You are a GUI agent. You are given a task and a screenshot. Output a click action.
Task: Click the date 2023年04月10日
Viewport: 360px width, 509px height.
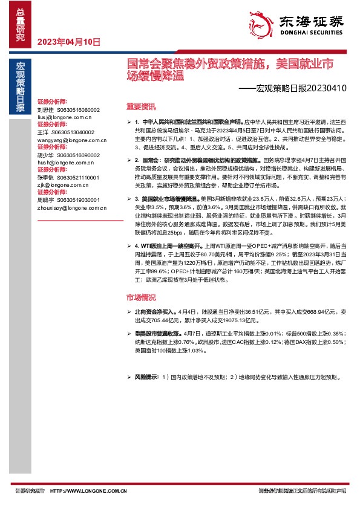pos(68,42)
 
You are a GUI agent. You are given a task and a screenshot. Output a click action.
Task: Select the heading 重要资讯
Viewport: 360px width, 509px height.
pos(140,106)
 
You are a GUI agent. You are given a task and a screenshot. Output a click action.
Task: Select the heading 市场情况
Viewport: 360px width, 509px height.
pos(140,297)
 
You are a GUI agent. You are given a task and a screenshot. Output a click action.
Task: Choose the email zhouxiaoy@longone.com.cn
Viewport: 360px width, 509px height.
pos(71,207)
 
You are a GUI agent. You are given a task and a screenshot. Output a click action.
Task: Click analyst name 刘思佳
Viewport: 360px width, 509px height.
pos(45,110)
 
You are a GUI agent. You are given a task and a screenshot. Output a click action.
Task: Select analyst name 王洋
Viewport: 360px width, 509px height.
pos(42,132)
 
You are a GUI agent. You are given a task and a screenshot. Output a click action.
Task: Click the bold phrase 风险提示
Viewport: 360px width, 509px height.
pos(146,377)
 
